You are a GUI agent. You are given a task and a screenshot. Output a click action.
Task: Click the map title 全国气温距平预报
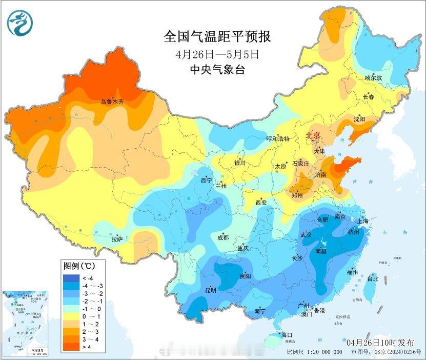(x=217, y=36)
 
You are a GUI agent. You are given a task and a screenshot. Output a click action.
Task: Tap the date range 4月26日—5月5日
(x=217, y=53)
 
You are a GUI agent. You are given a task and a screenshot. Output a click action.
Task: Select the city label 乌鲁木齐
(x=112, y=102)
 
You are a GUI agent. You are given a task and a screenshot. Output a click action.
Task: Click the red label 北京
(x=313, y=135)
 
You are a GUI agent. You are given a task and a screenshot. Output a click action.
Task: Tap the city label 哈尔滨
(x=374, y=78)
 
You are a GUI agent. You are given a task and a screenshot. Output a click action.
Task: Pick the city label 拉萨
(x=117, y=238)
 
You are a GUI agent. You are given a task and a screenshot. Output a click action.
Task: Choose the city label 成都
(x=223, y=237)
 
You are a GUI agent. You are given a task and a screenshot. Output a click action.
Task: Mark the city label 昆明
(x=211, y=290)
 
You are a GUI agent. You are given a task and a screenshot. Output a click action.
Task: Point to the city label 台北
(x=373, y=279)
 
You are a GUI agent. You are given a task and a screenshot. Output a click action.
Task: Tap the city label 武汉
(x=306, y=234)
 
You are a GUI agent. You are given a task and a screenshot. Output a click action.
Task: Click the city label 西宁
(x=207, y=181)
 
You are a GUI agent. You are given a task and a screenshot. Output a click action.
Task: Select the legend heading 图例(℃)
(x=77, y=267)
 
